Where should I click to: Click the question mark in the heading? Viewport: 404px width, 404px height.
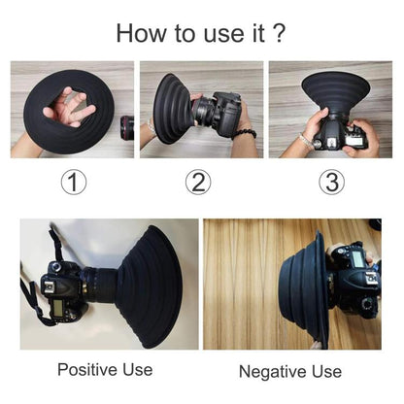(280, 34)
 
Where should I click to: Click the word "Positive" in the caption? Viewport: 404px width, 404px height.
(85, 370)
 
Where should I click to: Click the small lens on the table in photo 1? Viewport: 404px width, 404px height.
(127, 127)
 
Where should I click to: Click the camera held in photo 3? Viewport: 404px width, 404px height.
(336, 132)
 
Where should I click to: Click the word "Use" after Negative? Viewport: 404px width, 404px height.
(320, 372)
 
